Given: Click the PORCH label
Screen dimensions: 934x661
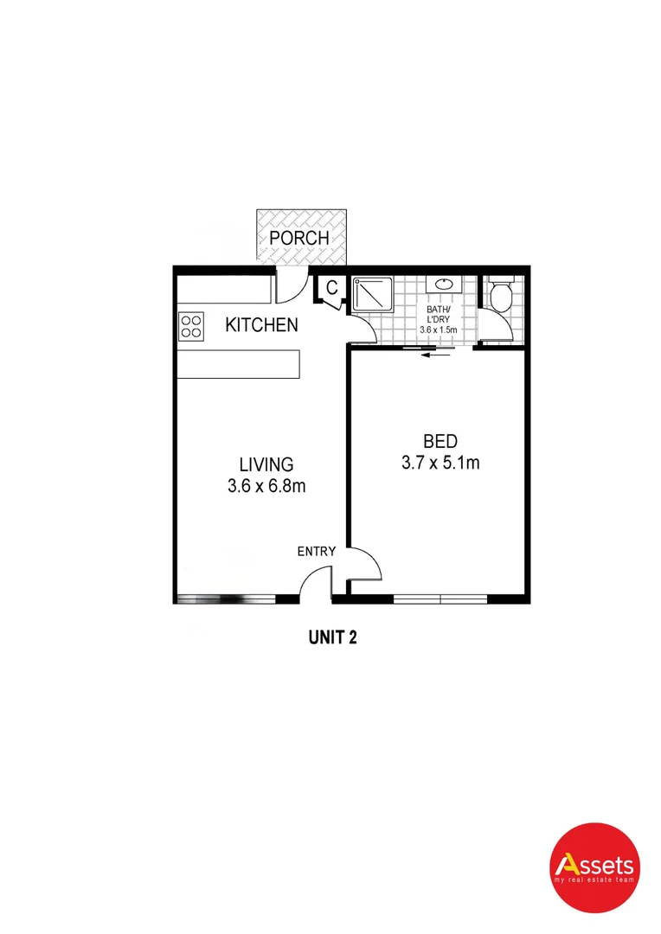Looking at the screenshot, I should [x=299, y=237].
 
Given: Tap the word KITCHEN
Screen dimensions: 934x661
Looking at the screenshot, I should [x=261, y=326].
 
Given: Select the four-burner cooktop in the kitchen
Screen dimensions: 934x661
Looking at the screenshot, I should [x=191, y=325].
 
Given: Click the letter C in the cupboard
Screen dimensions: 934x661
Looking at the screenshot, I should [x=330, y=289].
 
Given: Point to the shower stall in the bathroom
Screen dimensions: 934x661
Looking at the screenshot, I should [x=373, y=296].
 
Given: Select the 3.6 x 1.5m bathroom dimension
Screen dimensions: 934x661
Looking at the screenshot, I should [x=438, y=329].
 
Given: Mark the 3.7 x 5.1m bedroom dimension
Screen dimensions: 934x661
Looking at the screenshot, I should [x=440, y=464].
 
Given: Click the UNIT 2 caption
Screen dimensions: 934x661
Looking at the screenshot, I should [x=333, y=638].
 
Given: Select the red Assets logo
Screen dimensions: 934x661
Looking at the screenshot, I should [x=595, y=866].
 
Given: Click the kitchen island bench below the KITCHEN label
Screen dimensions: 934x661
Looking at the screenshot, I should [x=239, y=363].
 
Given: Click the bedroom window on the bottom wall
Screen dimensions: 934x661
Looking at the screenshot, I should [x=440, y=598].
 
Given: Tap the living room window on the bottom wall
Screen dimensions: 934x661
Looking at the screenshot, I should [x=225, y=598].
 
